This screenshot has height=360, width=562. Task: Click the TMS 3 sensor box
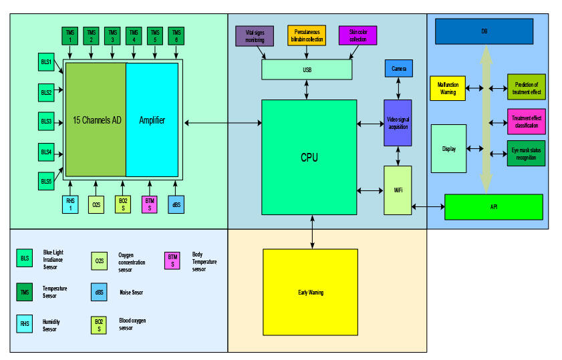click(x=112, y=35)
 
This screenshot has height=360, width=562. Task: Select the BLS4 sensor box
click(x=47, y=152)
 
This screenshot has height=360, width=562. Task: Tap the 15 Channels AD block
click(x=96, y=120)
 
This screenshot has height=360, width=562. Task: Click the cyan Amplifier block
click(x=152, y=120)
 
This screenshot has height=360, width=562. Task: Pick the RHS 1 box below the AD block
click(x=70, y=204)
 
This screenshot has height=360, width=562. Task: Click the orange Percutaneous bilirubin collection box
click(x=307, y=36)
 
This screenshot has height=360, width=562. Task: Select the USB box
click(x=307, y=69)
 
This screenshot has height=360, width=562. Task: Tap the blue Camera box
click(x=398, y=68)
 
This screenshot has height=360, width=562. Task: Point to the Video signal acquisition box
click(x=398, y=123)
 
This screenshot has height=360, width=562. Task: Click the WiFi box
click(x=398, y=190)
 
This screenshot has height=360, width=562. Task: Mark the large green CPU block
click(x=309, y=158)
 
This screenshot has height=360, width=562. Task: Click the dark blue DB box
click(x=484, y=31)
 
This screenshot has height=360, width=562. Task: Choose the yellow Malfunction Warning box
click(x=448, y=88)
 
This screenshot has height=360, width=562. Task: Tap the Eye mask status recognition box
click(x=527, y=152)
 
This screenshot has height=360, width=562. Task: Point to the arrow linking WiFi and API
click(x=428, y=207)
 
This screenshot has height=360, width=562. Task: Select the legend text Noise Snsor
click(x=130, y=292)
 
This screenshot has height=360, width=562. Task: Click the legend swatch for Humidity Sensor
click(x=25, y=324)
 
